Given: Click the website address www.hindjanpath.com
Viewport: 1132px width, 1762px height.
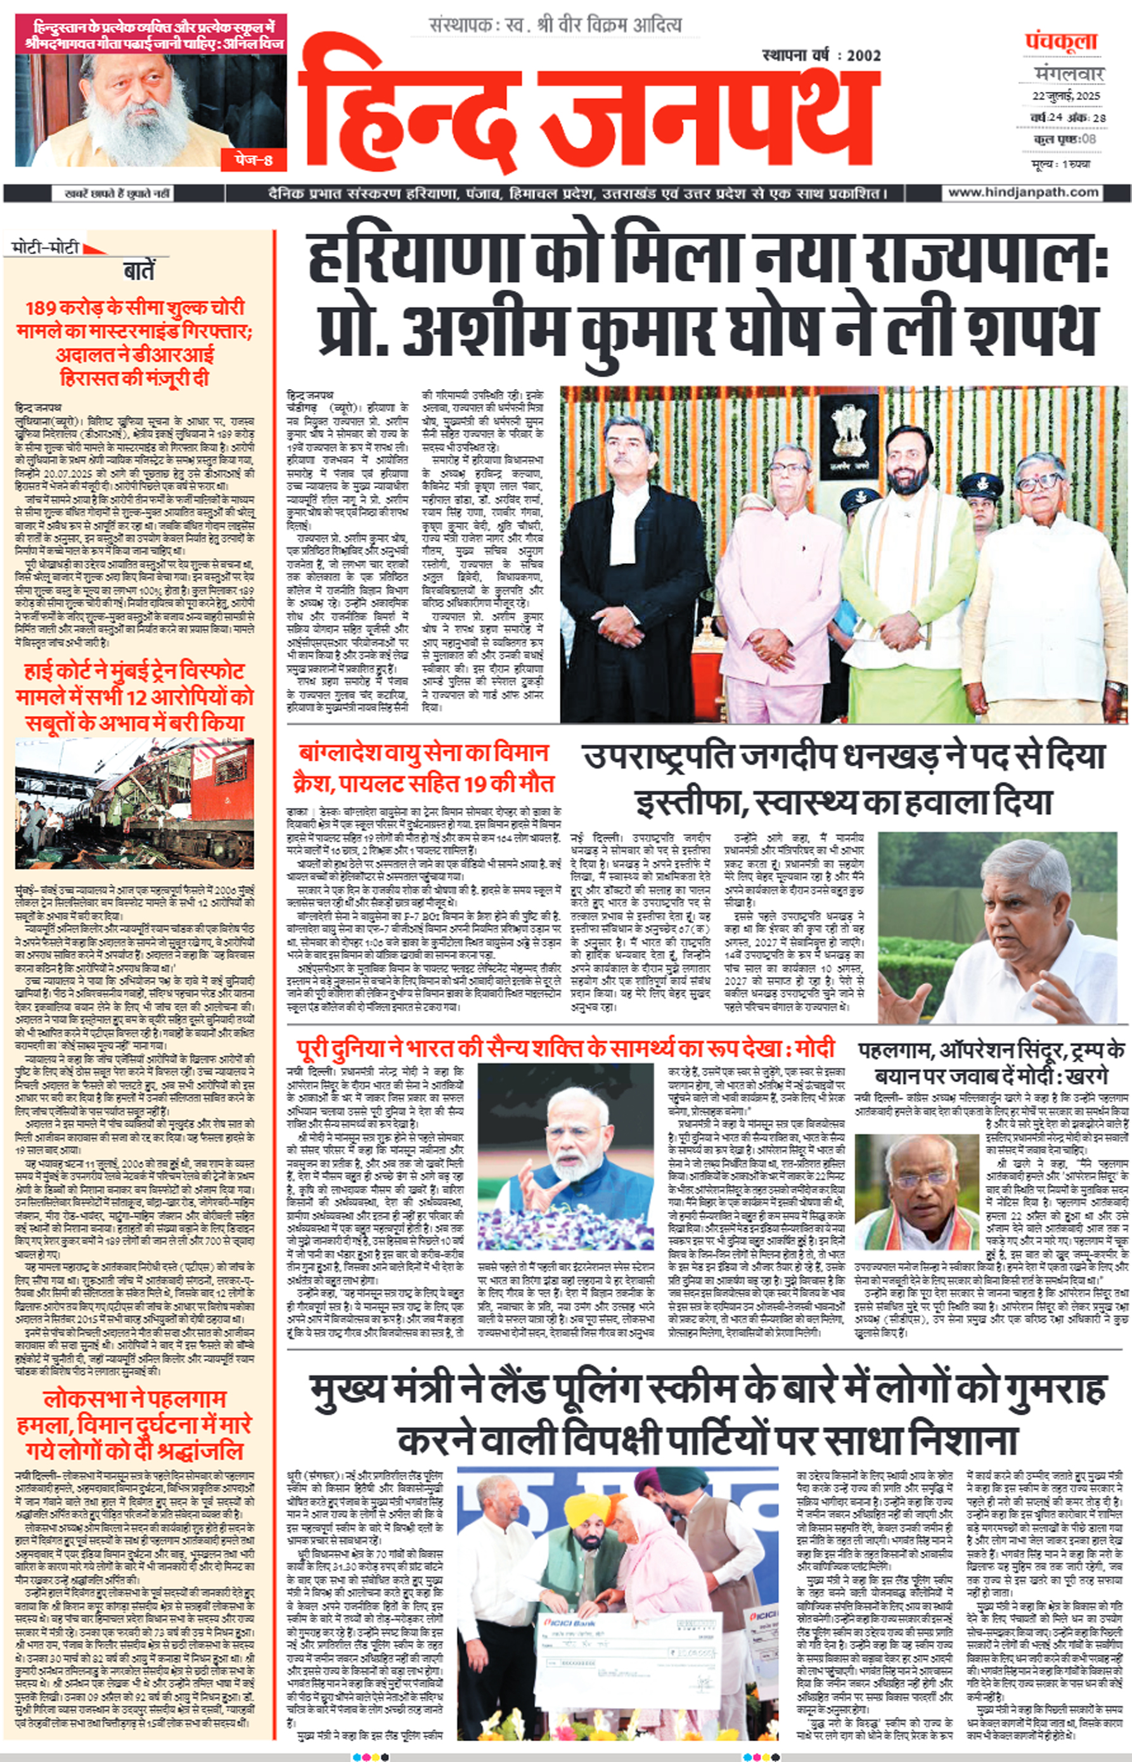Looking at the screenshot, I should click(1023, 193).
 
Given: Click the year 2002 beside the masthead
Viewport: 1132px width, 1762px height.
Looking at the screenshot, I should click(863, 55).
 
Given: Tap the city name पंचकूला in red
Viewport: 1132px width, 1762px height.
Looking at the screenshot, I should click(1061, 42).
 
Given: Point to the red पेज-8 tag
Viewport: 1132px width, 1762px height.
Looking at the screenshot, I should click(254, 158).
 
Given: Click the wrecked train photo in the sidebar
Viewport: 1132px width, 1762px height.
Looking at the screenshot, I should click(134, 803).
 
